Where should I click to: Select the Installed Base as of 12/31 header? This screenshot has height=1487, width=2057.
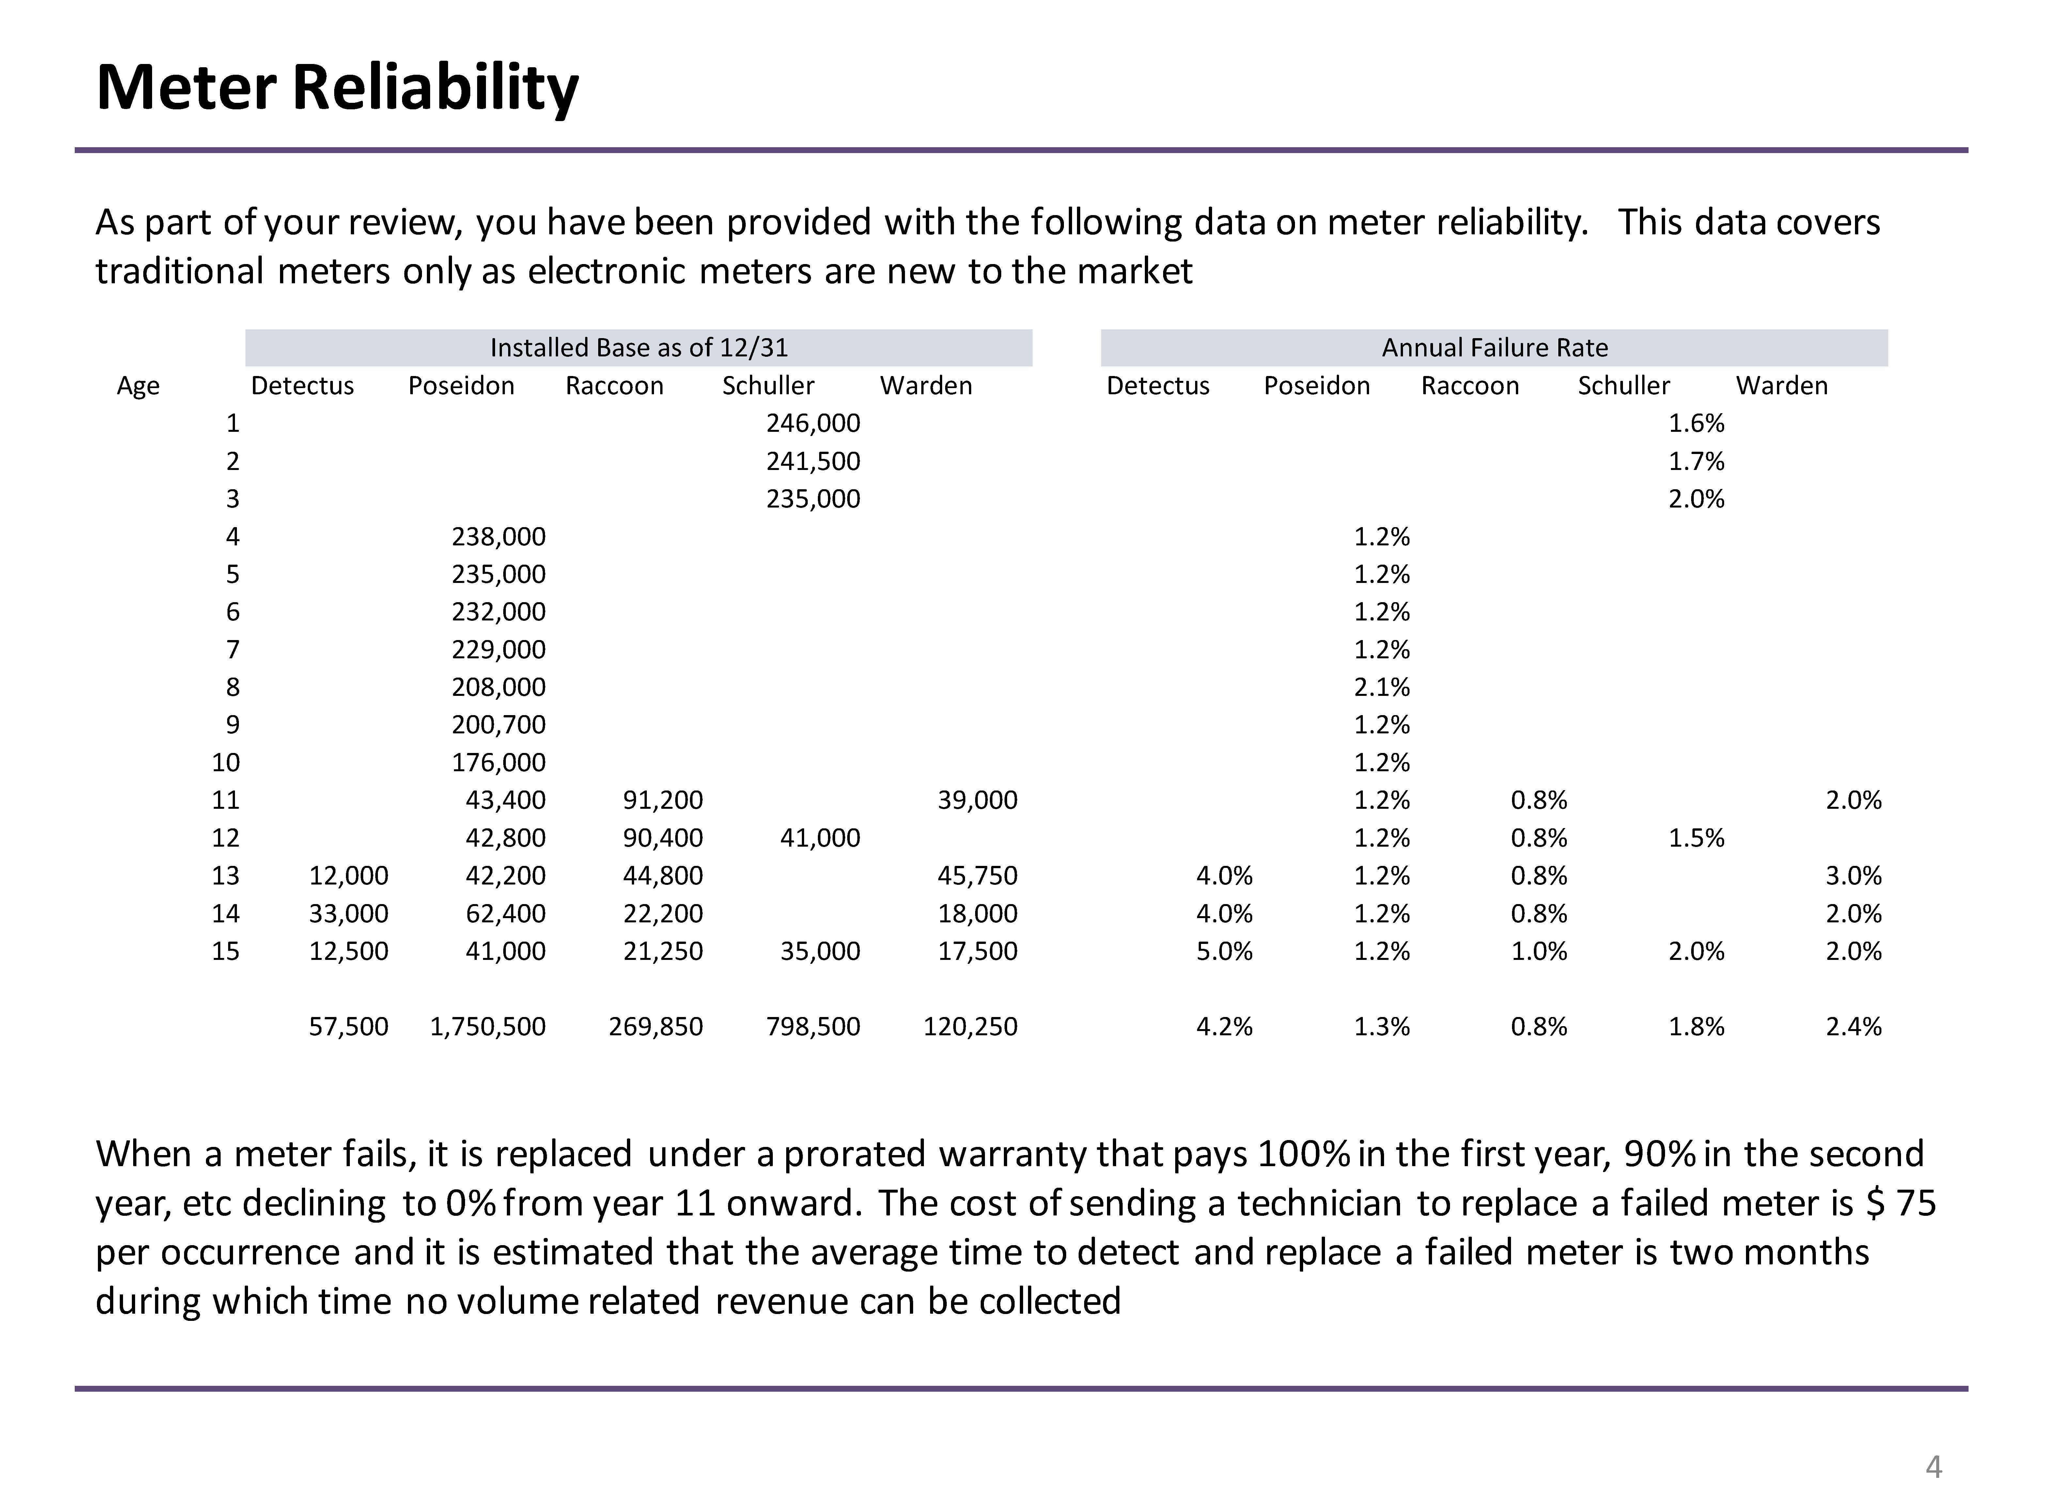click(638, 348)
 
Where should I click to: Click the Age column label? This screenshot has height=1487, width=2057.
click(138, 385)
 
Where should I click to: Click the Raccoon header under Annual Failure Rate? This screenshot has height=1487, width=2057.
click(1469, 385)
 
